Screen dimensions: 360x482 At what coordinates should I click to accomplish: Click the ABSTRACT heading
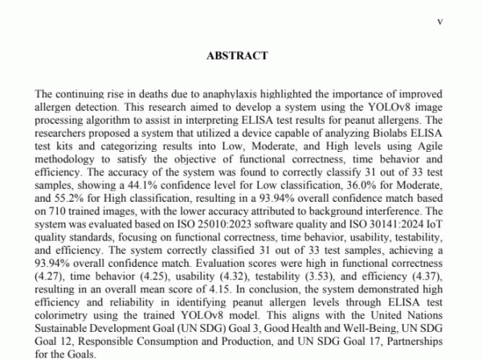click(237, 55)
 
